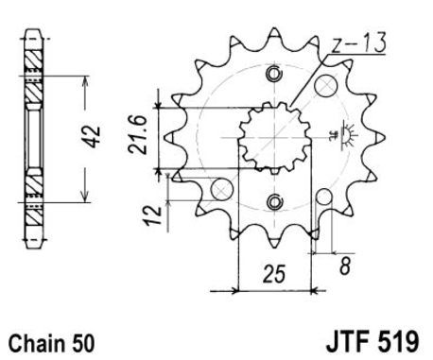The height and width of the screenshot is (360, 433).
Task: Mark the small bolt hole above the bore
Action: [x=274, y=77]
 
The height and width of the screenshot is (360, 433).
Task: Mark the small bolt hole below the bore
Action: [x=274, y=200]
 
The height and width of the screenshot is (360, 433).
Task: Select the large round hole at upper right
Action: [x=327, y=87]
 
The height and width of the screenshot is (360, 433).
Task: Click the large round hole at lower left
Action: [x=220, y=188]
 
